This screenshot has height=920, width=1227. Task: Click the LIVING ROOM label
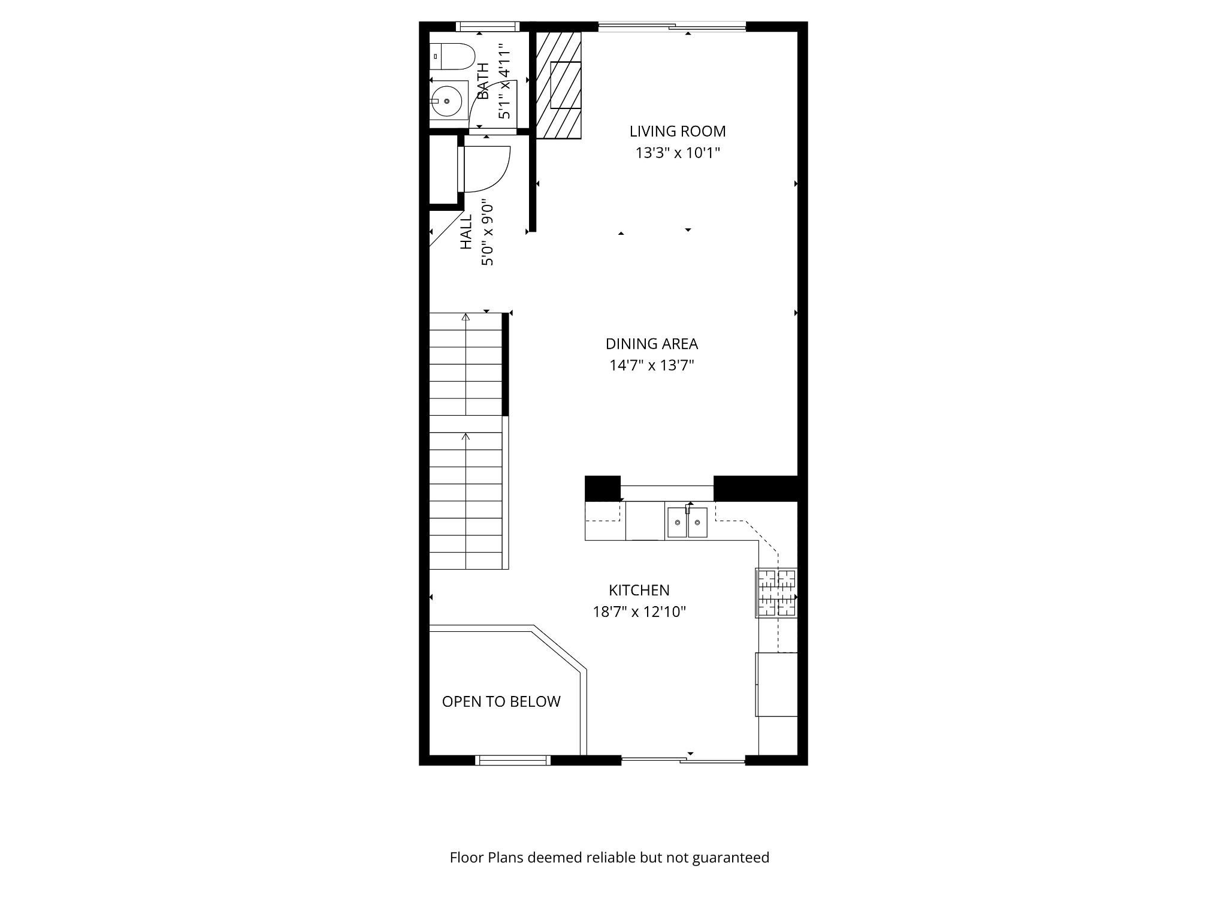pyautogui.click(x=677, y=131)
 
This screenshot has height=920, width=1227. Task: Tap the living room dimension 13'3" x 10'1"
pyautogui.click(x=677, y=153)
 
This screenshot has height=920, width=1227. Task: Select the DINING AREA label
pyautogui.click(x=651, y=344)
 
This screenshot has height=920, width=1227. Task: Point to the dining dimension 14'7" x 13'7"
pyautogui.click(x=651, y=365)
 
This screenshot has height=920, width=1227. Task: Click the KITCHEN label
pyautogui.click(x=639, y=590)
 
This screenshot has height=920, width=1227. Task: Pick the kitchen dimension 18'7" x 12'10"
pyautogui.click(x=639, y=612)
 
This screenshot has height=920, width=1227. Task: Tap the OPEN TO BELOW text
pyautogui.click(x=501, y=701)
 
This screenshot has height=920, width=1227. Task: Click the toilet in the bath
pyautogui.click(x=453, y=57)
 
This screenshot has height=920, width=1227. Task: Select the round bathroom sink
pyautogui.click(x=447, y=101)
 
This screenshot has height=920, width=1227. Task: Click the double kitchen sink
pyautogui.click(x=687, y=522)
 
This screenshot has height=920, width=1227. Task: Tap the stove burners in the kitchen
pyautogui.click(x=777, y=594)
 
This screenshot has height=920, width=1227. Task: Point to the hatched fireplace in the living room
pyautogui.click(x=558, y=85)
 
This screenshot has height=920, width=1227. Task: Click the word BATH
pyautogui.click(x=483, y=81)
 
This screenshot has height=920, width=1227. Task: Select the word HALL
pyautogui.click(x=466, y=232)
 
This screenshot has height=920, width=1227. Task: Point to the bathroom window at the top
pyautogui.click(x=486, y=26)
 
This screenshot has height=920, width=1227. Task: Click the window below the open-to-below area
pyautogui.click(x=513, y=760)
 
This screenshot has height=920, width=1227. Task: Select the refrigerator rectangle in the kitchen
pyautogui.click(x=776, y=684)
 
